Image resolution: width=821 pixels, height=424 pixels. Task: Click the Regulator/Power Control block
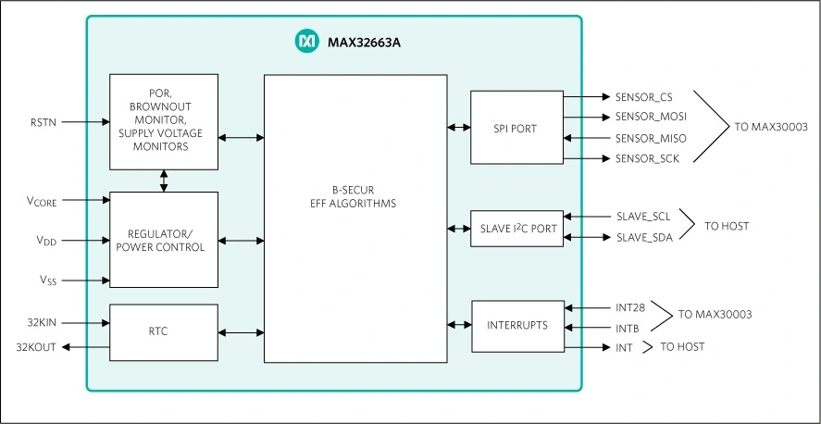coord(164,240)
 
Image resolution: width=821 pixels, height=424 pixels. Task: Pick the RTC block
coord(164,331)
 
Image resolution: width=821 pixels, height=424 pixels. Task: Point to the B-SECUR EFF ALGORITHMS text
coord(355,197)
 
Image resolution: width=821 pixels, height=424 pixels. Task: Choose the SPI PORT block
coord(516,128)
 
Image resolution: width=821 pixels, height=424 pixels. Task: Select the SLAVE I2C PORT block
coord(516,229)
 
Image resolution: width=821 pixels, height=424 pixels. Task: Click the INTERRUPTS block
coord(516,326)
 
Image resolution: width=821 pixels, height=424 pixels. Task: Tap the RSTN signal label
coord(44,121)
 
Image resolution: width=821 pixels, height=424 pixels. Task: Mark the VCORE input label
coord(43,200)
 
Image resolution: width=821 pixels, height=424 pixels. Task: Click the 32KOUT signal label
coord(35,347)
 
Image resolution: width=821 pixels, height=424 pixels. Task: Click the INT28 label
coord(629,307)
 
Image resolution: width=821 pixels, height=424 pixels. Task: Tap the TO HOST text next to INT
coord(683,347)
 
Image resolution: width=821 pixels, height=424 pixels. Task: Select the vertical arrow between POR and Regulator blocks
coord(164,181)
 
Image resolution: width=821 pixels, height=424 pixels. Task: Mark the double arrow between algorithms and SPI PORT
coord(458,128)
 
